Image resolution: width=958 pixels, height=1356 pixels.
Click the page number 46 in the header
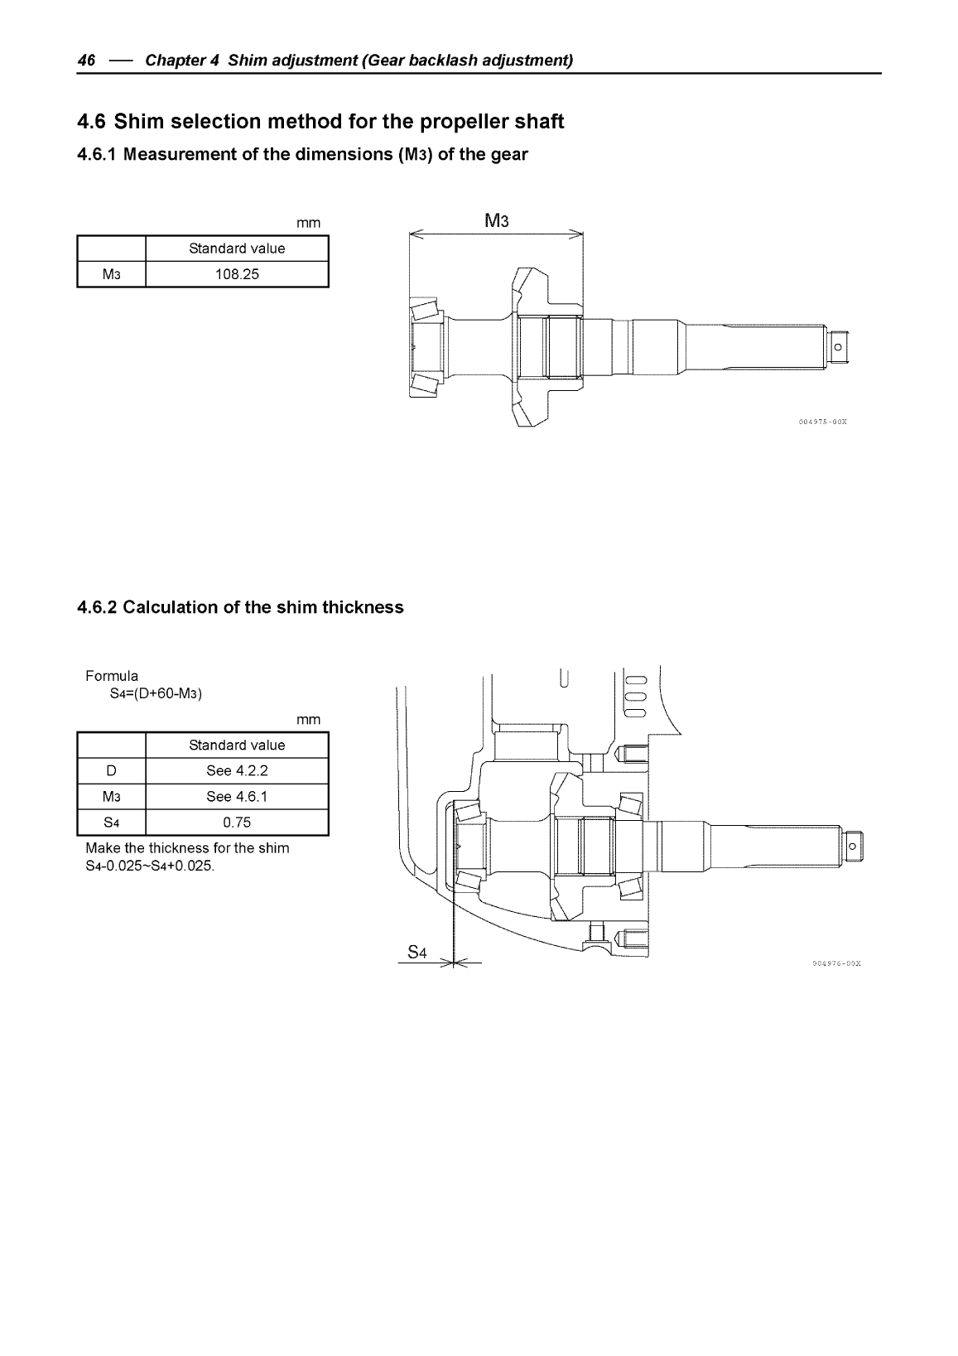pyautogui.click(x=86, y=60)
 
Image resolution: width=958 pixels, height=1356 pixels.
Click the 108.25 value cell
pyautogui.click(x=237, y=274)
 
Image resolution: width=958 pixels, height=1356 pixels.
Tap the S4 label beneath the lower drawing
pyautogui.click(x=417, y=953)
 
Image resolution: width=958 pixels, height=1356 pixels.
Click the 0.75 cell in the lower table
pyautogui.click(x=237, y=823)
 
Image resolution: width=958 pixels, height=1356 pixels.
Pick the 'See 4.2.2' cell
pyautogui.click(x=237, y=770)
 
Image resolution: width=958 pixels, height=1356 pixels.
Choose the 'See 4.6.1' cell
pyautogui.click(x=237, y=797)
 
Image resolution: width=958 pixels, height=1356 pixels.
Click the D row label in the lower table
pyautogui.click(x=111, y=770)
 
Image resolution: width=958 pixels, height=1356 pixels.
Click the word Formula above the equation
pyautogui.click(x=112, y=676)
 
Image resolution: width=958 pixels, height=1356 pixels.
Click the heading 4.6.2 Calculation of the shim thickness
pyautogui.click(x=240, y=607)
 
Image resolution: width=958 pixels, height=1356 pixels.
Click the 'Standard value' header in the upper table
pyautogui.click(x=237, y=249)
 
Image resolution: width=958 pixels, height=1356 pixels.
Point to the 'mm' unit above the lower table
pyautogui.click(x=308, y=719)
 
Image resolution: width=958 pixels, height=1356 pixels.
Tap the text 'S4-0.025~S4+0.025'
pyautogui.click(x=150, y=866)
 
